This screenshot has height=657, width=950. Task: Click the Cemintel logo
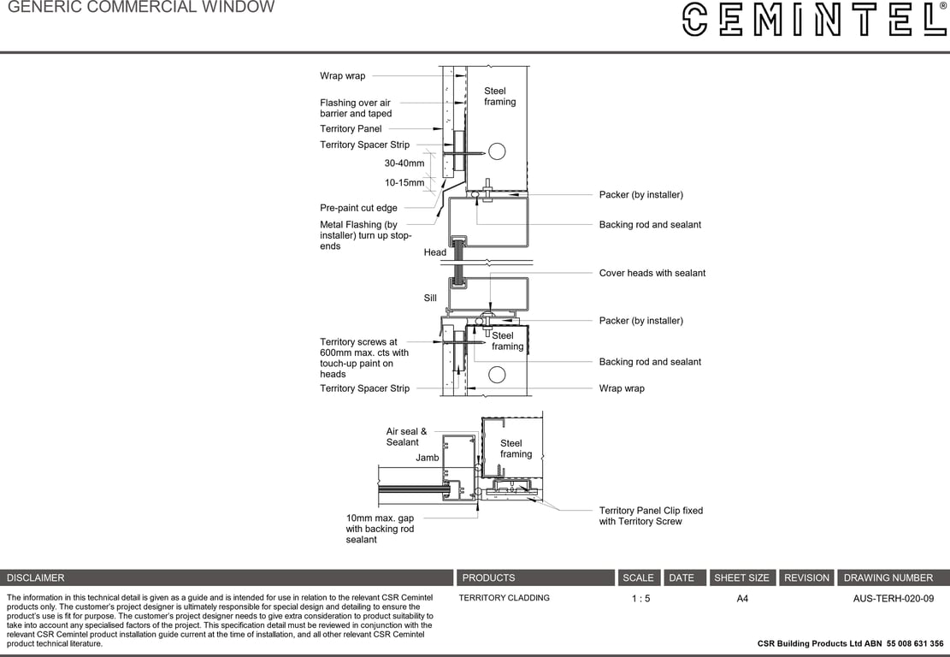pyautogui.click(x=814, y=19)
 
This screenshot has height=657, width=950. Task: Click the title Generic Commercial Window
pyautogui.click(x=141, y=8)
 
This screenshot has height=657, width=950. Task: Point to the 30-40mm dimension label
pyautogui.click(x=404, y=163)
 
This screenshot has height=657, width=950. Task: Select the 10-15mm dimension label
pyautogui.click(x=404, y=183)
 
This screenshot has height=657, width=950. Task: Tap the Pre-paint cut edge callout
pyautogui.click(x=358, y=208)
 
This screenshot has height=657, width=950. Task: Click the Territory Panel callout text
pyautogui.click(x=351, y=129)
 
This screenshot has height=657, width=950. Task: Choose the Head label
pyautogui.click(x=434, y=252)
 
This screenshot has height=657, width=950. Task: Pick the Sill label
pyautogui.click(x=430, y=298)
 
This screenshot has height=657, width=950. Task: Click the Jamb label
pyautogui.click(x=427, y=458)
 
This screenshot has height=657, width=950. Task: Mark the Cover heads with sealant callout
pyautogui.click(x=652, y=274)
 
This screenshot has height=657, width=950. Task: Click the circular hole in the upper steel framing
pyautogui.click(x=496, y=151)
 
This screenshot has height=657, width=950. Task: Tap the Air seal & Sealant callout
pyautogui.click(x=406, y=437)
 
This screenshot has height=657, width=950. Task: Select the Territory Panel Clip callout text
pyautogui.click(x=651, y=516)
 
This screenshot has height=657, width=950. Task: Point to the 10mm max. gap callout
pyautogui.click(x=380, y=529)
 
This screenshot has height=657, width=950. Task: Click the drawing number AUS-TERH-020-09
pyautogui.click(x=893, y=599)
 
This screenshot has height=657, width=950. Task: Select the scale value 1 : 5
pyautogui.click(x=640, y=599)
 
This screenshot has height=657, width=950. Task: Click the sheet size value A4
pyautogui.click(x=742, y=599)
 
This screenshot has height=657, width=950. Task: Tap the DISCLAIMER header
pyautogui.click(x=36, y=578)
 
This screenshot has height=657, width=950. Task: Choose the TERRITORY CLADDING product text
pyautogui.click(x=504, y=598)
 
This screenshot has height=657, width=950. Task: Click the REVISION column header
pyautogui.click(x=806, y=578)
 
